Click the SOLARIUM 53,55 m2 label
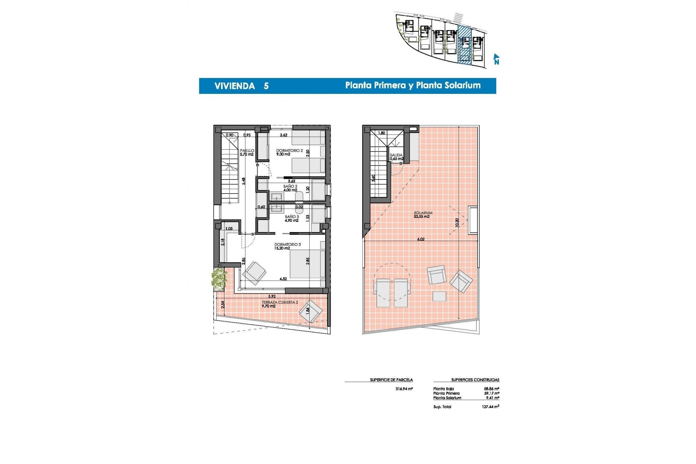(x=423, y=215)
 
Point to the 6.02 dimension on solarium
(x=420, y=239)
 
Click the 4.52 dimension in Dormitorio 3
(x=283, y=279)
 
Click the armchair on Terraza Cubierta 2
(x=311, y=311)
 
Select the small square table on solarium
(x=439, y=296)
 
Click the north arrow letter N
(x=497, y=62)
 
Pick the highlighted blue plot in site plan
(x=465, y=45)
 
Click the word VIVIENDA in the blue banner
(x=235, y=86)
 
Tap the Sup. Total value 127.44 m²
(x=490, y=407)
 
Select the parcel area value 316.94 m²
(x=404, y=389)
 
